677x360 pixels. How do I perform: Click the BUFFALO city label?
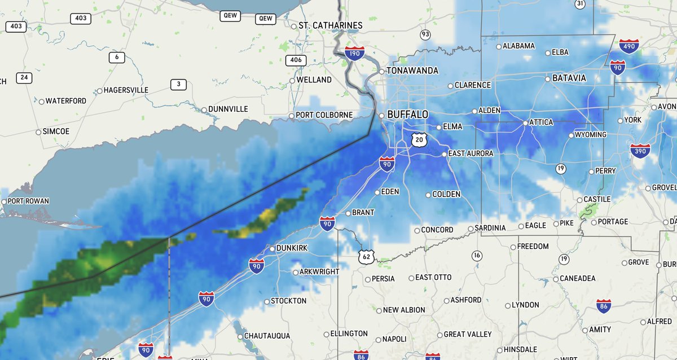tap(407, 115)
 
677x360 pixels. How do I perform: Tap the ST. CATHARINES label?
tap(330, 25)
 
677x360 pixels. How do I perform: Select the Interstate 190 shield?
tap(354, 54)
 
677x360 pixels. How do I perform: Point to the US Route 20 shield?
tap(417, 139)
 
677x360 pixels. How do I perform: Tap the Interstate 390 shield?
tap(640, 151)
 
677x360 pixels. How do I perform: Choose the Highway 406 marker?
tap(296, 60)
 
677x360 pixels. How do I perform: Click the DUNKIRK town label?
tap(292, 248)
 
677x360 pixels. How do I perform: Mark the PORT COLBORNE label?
tap(324, 115)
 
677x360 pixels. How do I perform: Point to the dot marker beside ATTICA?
tap(525, 122)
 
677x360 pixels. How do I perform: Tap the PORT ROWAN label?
tap(29, 201)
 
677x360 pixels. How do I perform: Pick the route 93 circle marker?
tap(425, 34)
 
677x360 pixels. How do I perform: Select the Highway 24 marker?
tap(24, 77)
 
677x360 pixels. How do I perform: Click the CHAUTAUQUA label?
tap(267, 336)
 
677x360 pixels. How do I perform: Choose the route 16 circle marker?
tap(477, 256)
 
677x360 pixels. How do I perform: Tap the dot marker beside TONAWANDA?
tap(381, 72)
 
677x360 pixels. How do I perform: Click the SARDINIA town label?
tap(490, 227)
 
